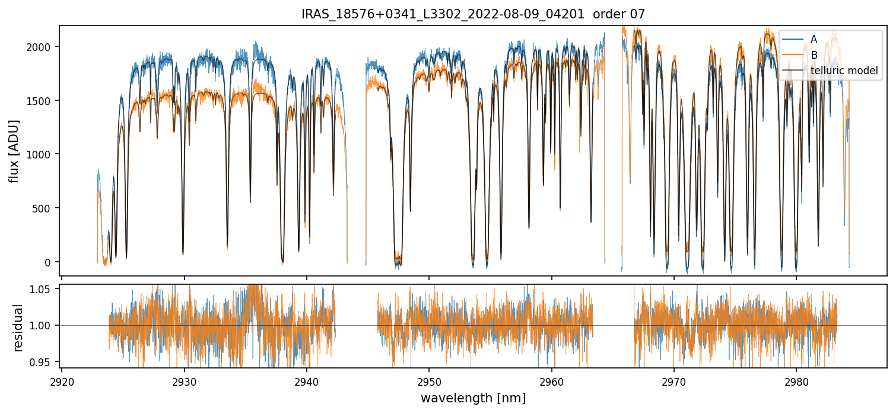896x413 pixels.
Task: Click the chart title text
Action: pyautogui.click(x=473, y=14)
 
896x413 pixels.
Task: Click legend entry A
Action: pyautogui.click(x=814, y=39)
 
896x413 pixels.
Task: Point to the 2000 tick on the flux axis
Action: pyautogui.click(x=43, y=47)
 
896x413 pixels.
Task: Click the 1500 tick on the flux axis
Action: pyautogui.click(x=43, y=100)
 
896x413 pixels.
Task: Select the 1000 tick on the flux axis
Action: pyautogui.click(x=43, y=154)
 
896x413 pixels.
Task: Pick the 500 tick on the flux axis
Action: pyautogui.click(x=45, y=208)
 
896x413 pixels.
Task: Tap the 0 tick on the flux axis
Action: pyautogui.click(x=51, y=262)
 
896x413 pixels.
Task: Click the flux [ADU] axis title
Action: pyautogui.click(x=14, y=151)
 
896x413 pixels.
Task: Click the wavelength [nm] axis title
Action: pyautogui.click(x=473, y=398)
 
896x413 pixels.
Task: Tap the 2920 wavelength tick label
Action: pyautogui.click(x=62, y=380)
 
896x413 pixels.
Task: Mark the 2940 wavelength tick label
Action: pyautogui.click(x=307, y=380)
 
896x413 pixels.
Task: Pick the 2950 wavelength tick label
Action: pyautogui.click(x=429, y=380)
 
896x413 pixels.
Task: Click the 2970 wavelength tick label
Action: pyautogui.click(x=674, y=380)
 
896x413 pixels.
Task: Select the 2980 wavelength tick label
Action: pyautogui.click(x=796, y=380)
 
